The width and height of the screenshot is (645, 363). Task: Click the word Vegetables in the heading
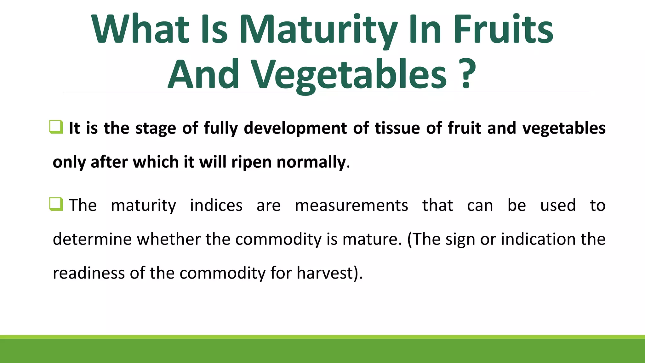coord(349,76)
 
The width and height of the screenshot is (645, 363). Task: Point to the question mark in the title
coord(467,74)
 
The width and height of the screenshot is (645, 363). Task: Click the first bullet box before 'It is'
coord(56,127)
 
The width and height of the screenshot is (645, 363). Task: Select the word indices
coord(216,205)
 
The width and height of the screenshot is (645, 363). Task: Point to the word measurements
coord(351,205)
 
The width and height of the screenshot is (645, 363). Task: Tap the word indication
coord(538,239)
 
